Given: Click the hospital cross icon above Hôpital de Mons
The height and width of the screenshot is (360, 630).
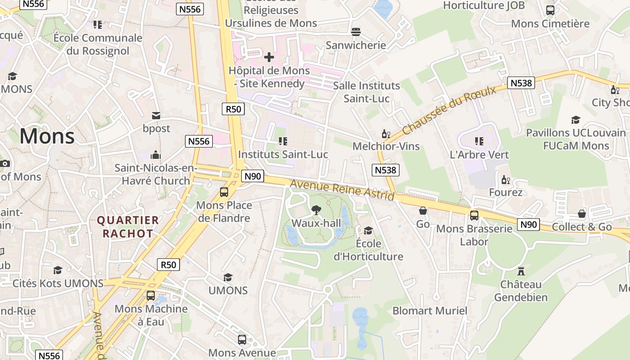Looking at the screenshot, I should [x=269, y=57].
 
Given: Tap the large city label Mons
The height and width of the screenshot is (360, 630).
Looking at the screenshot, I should [x=47, y=136].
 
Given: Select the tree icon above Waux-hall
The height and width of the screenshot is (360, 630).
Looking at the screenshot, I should [x=316, y=209].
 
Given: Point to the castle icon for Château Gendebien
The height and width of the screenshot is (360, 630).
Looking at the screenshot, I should [x=521, y=271].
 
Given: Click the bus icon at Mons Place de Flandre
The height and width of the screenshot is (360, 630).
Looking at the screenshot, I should [x=224, y=192].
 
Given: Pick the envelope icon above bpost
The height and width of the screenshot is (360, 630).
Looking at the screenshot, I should [x=156, y=116].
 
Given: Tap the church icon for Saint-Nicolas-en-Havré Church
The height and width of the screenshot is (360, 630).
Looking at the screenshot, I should [x=156, y=155].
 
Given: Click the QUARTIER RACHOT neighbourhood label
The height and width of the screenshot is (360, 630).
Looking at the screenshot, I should [x=128, y=227].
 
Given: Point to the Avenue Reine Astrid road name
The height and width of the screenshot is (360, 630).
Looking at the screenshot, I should [x=342, y=189].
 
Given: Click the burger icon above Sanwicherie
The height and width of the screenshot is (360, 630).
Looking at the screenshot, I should [x=356, y=31].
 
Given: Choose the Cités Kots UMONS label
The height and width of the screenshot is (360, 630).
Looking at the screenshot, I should [x=58, y=283].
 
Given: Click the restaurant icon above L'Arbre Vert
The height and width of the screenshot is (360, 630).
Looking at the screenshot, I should [x=479, y=141].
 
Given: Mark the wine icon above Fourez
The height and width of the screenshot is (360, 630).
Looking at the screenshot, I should [x=506, y=180].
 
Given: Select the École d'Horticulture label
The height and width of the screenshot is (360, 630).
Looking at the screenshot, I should [x=368, y=250].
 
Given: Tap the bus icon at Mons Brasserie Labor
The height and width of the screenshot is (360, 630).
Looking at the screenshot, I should [x=474, y=215].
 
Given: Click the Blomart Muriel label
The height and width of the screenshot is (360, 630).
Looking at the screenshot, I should [x=430, y=310].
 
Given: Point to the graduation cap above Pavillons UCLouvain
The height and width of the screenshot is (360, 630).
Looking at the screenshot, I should [x=576, y=120].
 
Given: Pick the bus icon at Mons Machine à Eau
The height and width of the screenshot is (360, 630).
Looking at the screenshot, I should [x=151, y=296].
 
